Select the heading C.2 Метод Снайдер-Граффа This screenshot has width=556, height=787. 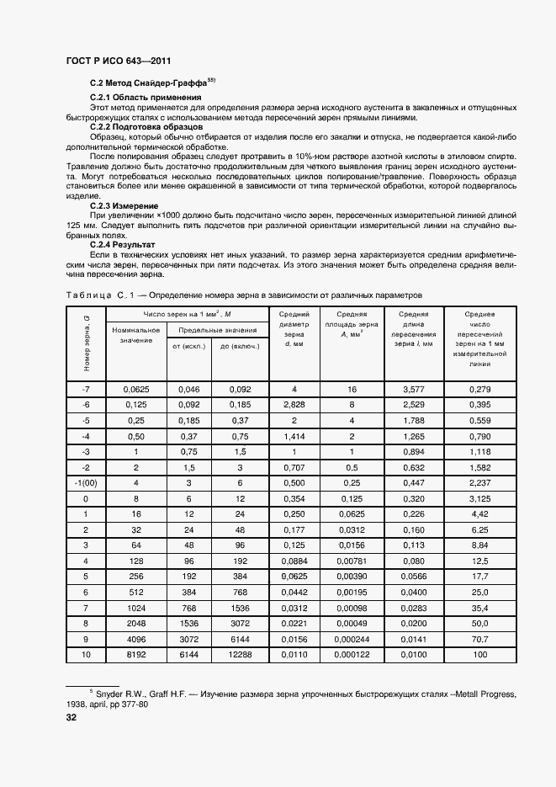tap(150, 83)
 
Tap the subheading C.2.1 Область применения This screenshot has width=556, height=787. tap(139, 98)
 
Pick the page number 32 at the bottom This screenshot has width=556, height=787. tap(71, 718)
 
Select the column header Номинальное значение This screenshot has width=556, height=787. tap(135, 335)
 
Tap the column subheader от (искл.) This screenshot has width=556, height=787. tap(188, 346)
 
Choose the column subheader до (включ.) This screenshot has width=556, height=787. tap(239, 346)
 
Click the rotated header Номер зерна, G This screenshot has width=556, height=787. tap(86, 343)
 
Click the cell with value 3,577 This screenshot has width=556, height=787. tap(414, 390)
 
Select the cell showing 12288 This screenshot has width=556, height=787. tap(239, 655)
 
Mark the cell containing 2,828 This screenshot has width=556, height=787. tap(294, 405)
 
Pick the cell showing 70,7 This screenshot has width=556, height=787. tap(480, 640)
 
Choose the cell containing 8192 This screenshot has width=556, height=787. tap(135, 655)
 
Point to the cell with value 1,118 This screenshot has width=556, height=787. tap(480, 451)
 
